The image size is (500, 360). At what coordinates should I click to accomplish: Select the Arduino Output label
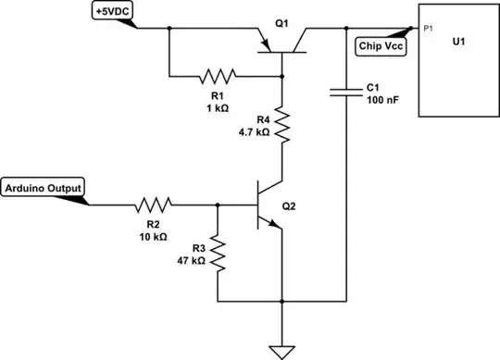(x=44, y=188)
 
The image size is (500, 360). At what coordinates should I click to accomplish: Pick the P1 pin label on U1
(x=428, y=29)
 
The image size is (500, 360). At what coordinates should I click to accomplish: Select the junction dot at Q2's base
(x=217, y=204)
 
